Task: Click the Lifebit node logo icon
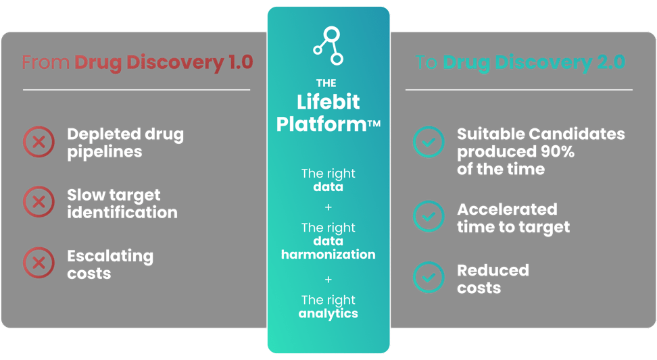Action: pos(328,45)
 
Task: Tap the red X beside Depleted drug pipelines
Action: pos(39,143)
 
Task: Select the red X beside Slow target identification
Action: pos(39,203)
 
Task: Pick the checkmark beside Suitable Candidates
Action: pos(429,143)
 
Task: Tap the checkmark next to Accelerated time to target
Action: pos(429,217)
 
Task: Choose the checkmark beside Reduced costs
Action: pos(429,278)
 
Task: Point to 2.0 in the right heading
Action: pos(608,63)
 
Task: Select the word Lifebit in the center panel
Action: pos(328,103)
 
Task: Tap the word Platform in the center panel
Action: pos(321,125)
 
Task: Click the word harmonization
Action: pos(328,255)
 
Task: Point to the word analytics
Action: pos(328,313)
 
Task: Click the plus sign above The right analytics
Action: pos(328,278)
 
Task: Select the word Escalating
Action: pos(110,256)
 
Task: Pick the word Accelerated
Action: pos(507,209)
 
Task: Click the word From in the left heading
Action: pos(45,63)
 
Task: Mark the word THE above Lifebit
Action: pos(326,83)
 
